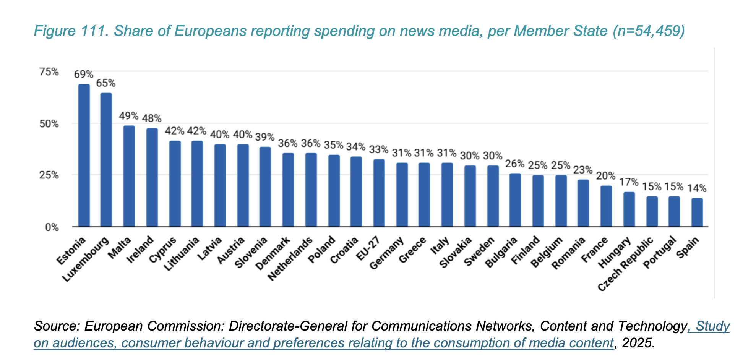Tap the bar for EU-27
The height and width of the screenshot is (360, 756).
point(379,193)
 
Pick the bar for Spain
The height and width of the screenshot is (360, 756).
point(697,212)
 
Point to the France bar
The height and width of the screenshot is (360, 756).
point(606,206)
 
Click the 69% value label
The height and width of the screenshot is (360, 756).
point(84,74)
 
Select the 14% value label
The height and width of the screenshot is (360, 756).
point(697,188)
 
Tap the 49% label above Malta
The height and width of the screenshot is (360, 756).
point(128,116)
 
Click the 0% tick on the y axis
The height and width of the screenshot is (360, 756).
point(52,227)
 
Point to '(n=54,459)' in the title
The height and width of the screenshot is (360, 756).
point(648,31)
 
